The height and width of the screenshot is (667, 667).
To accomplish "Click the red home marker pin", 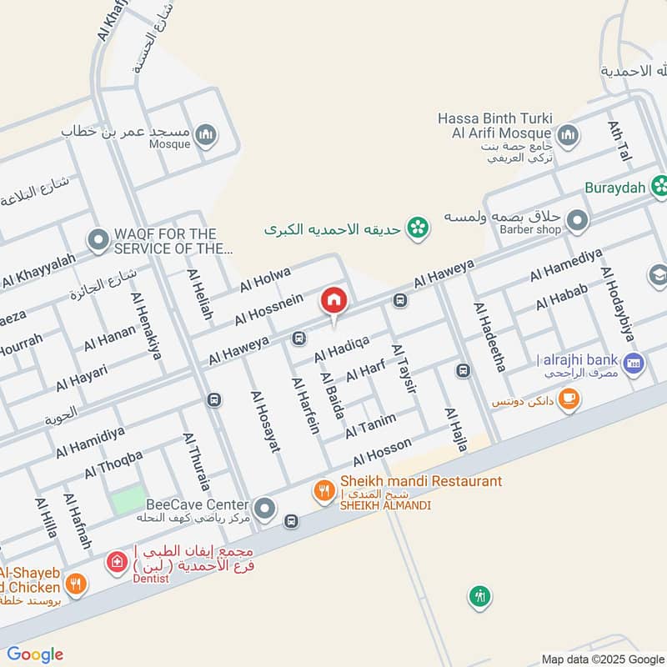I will [333, 300].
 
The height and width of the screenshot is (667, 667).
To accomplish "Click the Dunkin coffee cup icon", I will [570, 401].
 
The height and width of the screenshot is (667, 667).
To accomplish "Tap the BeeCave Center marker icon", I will [265, 506].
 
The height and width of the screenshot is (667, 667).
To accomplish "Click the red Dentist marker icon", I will [113, 562].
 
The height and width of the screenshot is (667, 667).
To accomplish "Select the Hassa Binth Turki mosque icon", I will [569, 135].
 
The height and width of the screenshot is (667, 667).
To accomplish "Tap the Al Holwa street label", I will [265, 279].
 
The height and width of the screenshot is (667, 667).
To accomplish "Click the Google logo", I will [35, 654].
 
